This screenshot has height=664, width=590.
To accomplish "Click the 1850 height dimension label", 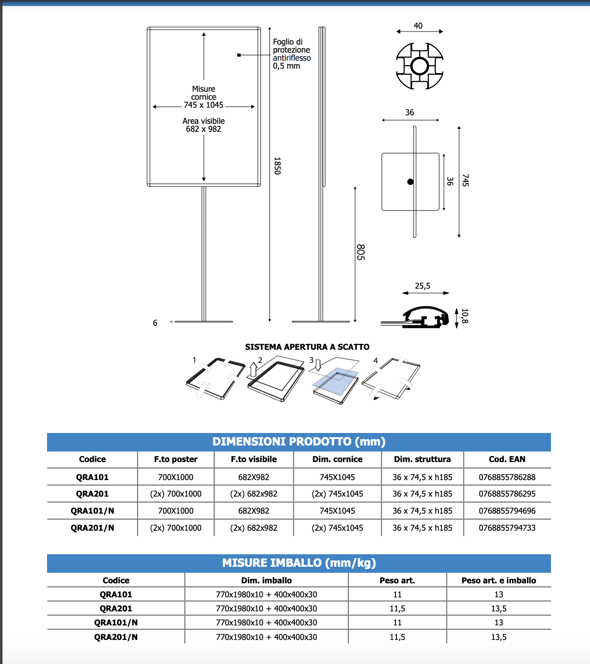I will [277, 166].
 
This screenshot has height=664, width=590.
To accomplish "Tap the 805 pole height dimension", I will [360, 252].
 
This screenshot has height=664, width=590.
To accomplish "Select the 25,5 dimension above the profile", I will [422, 286].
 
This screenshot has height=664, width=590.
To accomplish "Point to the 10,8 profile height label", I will [464, 316].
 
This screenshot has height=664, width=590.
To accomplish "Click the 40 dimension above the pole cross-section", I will [418, 26].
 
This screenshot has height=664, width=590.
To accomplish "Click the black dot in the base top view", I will [410, 182].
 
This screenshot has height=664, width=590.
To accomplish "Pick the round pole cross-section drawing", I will [419, 66].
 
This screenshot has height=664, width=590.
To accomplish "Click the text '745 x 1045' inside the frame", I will [204, 105].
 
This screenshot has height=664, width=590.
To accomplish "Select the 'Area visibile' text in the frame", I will [204, 121].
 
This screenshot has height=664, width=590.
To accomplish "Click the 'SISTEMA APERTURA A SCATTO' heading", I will [307, 347].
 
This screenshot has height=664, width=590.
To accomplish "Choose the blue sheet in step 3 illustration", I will [335, 381].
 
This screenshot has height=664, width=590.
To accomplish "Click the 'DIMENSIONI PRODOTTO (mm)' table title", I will [299, 441].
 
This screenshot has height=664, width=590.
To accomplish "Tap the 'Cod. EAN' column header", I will [507, 459].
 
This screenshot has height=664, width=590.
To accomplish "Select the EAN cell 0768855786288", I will [507, 477].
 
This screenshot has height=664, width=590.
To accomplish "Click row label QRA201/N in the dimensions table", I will [93, 528].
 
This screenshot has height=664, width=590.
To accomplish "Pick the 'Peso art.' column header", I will [397, 580].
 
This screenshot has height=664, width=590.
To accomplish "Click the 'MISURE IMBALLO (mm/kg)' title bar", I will [299, 563].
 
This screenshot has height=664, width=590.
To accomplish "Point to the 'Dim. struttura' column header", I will [422, 459].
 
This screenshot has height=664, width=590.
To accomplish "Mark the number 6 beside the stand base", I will [155, 323].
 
